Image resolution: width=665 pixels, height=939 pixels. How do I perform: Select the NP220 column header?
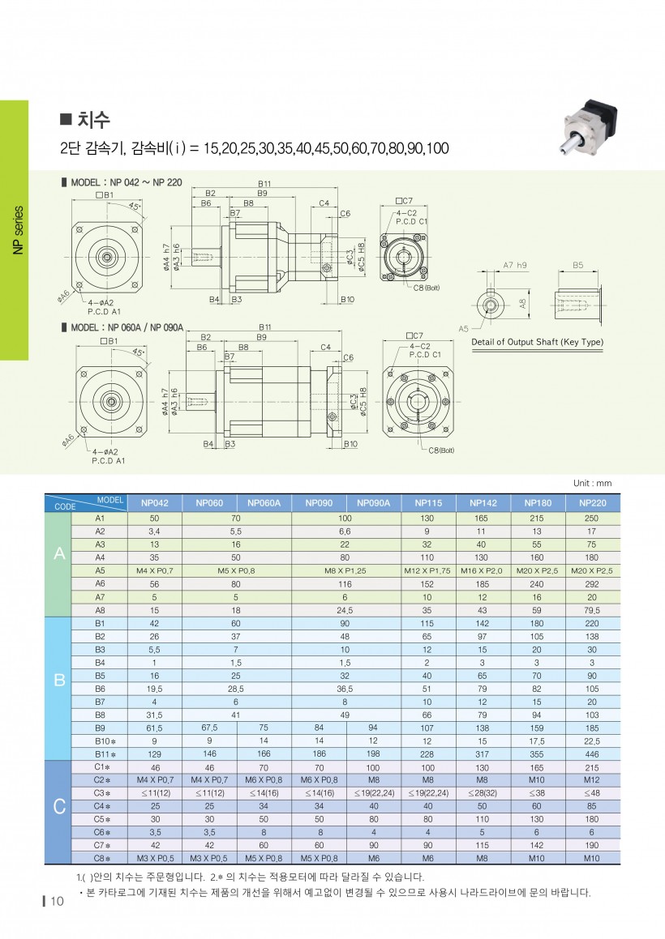[593, 502]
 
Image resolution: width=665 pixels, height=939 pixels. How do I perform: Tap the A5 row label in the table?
[100, 570]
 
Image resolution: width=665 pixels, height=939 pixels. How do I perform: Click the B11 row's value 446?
[593, 753]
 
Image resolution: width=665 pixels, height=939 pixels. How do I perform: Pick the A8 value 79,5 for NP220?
[593, 610]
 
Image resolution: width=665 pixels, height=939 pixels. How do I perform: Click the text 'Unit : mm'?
[592, 483]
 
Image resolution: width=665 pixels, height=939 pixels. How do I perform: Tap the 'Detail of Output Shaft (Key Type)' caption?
[538, 342]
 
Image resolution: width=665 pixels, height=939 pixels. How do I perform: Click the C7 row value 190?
[593, 844]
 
